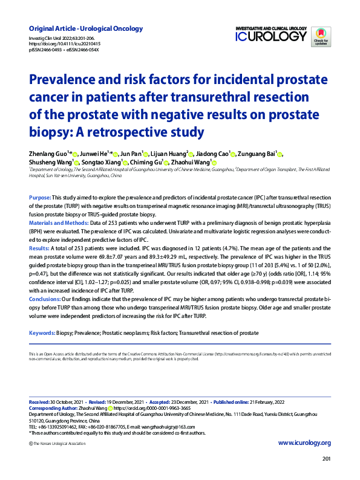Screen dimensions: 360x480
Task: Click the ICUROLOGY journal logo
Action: pos(271,36)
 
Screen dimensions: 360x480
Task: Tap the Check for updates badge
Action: pos(321,37)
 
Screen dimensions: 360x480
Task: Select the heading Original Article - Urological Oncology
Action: pos(86,28)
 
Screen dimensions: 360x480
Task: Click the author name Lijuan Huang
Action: pos(166,154)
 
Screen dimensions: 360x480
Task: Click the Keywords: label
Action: pos(42,333)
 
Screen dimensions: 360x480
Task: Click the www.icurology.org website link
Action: pos(304,443)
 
